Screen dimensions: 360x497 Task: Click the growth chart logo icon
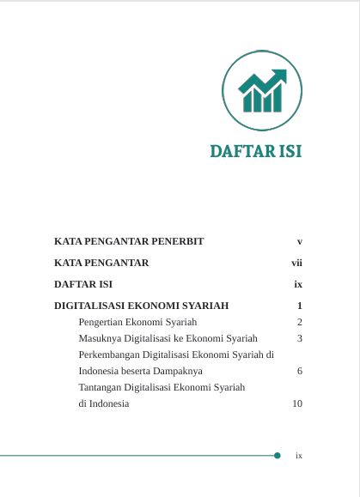[261, 90]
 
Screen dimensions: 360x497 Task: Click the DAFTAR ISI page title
[255, 152]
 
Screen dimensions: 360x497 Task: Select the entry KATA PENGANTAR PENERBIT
[129, 241]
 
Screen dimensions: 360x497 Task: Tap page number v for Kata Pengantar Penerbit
[299, 241]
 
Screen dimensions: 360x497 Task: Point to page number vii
[296, 263]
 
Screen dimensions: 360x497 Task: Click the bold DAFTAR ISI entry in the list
[83, 283]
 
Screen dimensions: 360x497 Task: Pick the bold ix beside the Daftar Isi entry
[297, 283]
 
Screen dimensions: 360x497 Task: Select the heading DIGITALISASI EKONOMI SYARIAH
[141, 306]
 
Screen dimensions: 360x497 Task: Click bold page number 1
[299, 306]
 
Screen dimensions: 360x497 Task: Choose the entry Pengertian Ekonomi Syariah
[137, 322]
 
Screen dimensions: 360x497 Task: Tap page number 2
[299, 322]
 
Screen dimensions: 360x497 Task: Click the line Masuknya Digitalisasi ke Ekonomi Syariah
[168, 338]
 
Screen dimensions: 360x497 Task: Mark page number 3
[299, 338]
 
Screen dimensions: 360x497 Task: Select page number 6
[299, 371]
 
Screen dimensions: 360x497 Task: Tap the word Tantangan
[101, 387]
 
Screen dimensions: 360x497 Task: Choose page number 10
[297, 403]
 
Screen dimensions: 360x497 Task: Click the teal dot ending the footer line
[277, 455]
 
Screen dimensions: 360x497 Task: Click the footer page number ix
[298, 456]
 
